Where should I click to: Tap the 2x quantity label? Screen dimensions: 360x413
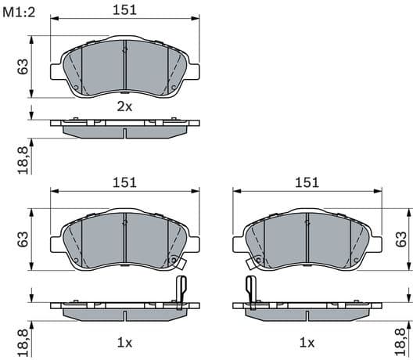(x=125, y=106)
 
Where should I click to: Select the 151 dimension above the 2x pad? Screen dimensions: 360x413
(x=125, y=9)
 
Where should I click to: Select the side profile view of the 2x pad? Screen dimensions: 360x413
(x=125, y=127)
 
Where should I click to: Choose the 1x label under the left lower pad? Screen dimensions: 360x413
(x=125, y=342)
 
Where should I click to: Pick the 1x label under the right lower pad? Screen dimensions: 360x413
(x=307, y=342)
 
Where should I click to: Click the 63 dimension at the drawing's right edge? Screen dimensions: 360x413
(x=401, y=239)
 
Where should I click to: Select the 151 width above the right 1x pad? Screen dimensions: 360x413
(x=307, y=182)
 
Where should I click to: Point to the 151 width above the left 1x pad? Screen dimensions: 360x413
(x=125, y=182)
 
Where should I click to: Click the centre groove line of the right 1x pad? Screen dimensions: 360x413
(x=307, y=243)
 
